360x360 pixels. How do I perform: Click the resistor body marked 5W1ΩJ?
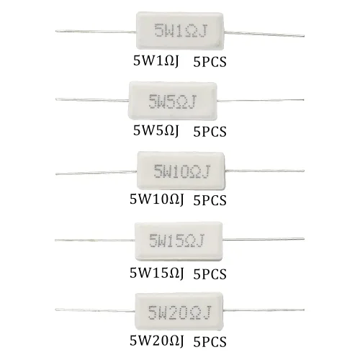(180, 31)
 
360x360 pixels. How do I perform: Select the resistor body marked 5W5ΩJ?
(173, 101)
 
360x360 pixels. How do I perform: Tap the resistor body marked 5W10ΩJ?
(181, 171)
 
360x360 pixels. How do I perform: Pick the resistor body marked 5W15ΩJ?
(179, 241)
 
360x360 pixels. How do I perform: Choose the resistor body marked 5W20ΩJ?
(179, 311)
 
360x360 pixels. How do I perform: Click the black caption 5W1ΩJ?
(156, 61)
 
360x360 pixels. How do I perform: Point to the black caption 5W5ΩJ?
(156, 131)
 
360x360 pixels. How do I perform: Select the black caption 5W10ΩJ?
(157, 199)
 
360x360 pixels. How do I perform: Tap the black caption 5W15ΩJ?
(157, 273)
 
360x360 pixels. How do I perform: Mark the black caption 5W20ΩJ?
(157, 341)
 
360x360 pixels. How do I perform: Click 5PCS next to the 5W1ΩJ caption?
(210, 62)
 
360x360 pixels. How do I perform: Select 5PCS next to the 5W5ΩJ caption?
(210, 132)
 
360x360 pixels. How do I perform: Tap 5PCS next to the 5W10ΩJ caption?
(210, 200)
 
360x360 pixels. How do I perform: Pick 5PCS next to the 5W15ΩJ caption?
(210, 274)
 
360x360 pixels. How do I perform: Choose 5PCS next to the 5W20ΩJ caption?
(210, 342)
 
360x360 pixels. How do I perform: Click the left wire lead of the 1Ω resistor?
(96, 31)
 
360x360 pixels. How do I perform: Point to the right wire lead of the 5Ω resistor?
(261, 100)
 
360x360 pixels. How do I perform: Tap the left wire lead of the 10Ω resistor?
(96, 172)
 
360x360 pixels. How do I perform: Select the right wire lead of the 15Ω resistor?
(264, 239)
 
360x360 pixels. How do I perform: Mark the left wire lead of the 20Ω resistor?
(95, 310)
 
